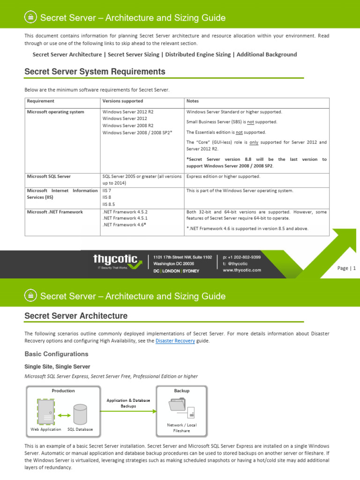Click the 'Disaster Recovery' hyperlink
click(175, 341)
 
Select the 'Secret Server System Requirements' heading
click(95, 72)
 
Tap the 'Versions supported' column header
click(122, 101)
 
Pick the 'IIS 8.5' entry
click(109, 204)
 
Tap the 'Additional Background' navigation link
click(267, 54)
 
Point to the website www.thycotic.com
click(242, 270)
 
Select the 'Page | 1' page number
click(347, 268)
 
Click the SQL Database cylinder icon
click(80, 412)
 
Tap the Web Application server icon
click(46, 412)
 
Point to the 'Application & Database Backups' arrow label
click(128, 403)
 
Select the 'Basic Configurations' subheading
click(56, 354)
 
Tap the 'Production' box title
click(63, 390)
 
